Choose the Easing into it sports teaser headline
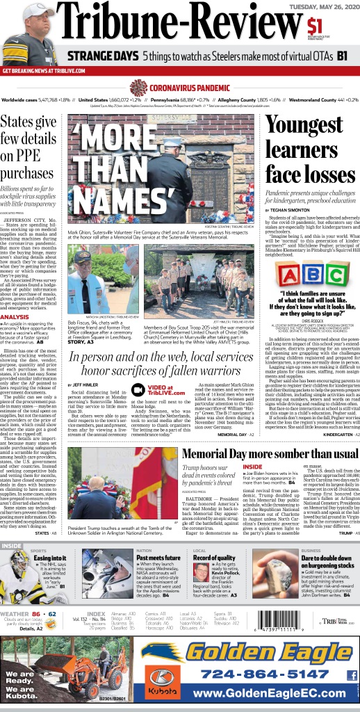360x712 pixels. [49, 558]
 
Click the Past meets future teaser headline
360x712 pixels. [158, 558]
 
